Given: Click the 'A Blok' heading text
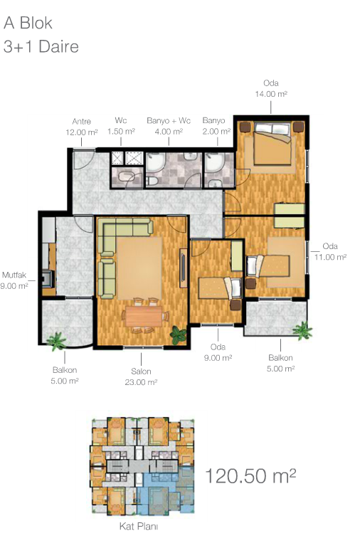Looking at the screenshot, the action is click(x=28, y=23).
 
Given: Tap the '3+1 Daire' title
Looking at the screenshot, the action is click(x=41, y=46).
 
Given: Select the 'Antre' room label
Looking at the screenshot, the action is click(x=81, y=121).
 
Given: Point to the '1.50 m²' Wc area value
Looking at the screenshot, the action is click(x=121, y=132).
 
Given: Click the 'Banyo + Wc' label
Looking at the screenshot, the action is click(x=169, y=120).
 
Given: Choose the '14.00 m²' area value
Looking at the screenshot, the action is click(x=271, y=94).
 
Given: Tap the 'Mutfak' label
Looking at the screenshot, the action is click(x=14, y=275).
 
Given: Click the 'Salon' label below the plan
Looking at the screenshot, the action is click(x=141, y=372).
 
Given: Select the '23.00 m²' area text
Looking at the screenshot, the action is click(x=141, y=382).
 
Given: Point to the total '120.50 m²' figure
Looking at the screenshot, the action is click(x=250, y=475).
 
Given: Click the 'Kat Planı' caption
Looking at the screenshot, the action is click(x=139, y=527).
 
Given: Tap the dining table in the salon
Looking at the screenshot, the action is click(x=144, y=316).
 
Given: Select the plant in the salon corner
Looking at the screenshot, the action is click(x=179, y=335).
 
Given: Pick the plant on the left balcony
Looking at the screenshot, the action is click(x=56, y=342).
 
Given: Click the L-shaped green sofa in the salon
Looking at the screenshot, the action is click(x=119, y=245).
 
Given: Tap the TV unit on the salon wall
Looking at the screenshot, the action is click(x=184, y=268).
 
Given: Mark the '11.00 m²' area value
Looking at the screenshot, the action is click(x=330, y=257).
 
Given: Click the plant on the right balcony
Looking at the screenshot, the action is click(x=302, y=331).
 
